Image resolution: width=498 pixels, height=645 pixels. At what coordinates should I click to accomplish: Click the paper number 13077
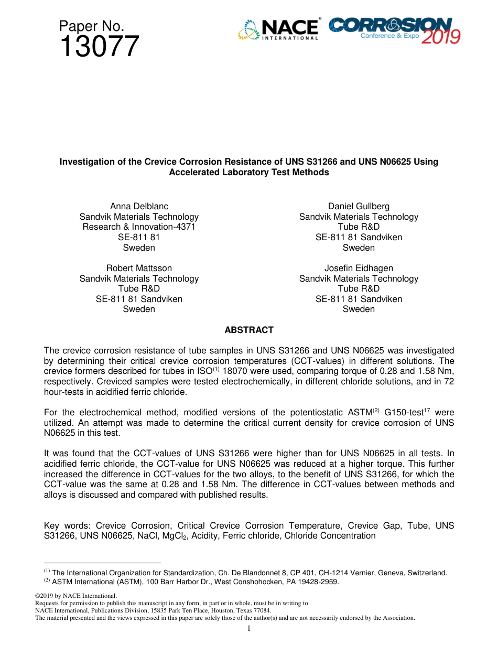(100, 47)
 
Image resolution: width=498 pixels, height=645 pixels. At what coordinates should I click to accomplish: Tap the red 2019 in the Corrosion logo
(441, 37)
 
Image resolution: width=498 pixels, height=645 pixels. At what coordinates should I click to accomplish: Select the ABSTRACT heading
(249, 330)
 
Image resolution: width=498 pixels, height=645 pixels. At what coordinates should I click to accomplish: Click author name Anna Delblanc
(139, 206)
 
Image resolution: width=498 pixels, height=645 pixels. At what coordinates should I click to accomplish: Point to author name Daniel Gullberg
(359, 206)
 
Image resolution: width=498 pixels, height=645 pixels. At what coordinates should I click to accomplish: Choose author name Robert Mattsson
(139, 268)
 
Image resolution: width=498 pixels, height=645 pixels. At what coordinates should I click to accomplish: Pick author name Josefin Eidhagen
(359, 268)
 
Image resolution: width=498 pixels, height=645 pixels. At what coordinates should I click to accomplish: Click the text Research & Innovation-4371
(139, 227)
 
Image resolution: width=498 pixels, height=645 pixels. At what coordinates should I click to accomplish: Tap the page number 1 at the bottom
(249, 628)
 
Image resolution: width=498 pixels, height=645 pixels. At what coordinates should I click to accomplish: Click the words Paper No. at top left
(91, 26)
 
